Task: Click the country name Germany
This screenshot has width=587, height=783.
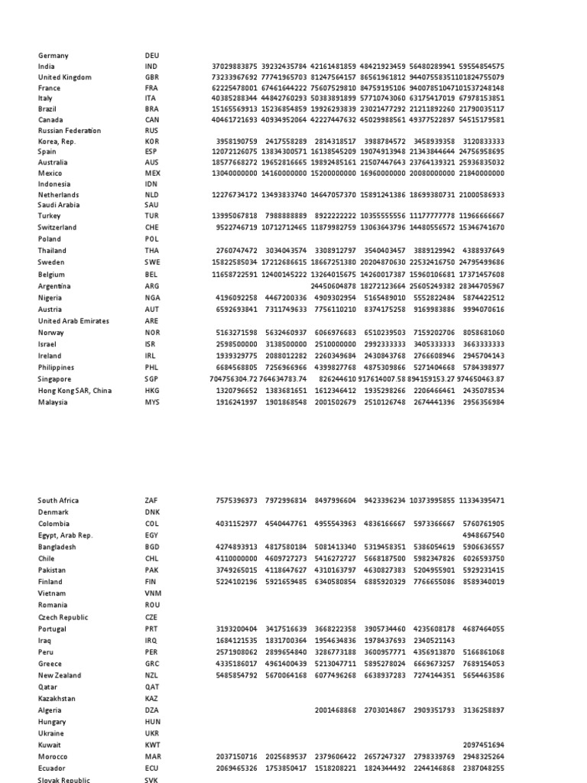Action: click(53, 56)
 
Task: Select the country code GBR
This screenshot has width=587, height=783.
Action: click(152, 77)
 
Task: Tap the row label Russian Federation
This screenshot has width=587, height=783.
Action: click(70, 131)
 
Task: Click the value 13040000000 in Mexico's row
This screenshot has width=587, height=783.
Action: click(235, 174)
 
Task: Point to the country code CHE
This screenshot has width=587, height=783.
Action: click(151, 228)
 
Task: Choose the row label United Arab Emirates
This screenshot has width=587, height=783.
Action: click(73, 321)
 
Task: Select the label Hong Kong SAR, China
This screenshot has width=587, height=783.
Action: click(75, 391)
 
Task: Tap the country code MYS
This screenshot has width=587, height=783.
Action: click(152, 402)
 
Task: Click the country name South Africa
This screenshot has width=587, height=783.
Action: click(58, 501)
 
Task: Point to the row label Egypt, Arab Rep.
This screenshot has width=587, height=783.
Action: click(65, 536)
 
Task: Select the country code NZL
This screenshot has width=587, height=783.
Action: click(151, 675)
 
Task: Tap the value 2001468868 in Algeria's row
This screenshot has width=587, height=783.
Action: click(335, 710)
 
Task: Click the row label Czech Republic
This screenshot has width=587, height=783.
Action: click(63, 617)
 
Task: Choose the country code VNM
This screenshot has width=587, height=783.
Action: click(153, 593)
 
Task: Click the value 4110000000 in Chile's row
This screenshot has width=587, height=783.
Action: click(235, 559)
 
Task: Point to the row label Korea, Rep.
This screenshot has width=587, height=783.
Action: click(57, 141)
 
